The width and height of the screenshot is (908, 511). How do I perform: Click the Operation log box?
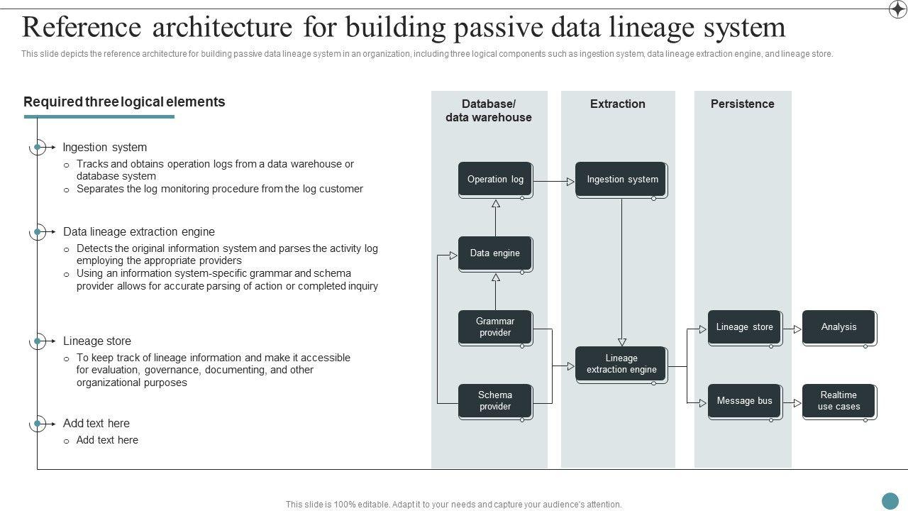coord(495,180)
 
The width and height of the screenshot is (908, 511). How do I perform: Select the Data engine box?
coord(495,253)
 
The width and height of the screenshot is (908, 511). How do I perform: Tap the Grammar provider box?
coord(495,327)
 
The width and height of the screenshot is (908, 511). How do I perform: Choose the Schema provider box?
coord(495,401)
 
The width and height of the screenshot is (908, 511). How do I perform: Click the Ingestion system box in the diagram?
coord(621,180)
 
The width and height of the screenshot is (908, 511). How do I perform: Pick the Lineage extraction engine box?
coord(621,364)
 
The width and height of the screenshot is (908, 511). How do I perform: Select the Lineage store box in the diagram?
coord(744,327)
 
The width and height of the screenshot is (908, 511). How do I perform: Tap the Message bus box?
coord(744,401)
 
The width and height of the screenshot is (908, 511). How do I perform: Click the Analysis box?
coord(838,327)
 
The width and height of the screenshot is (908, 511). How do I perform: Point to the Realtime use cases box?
coord(838,401)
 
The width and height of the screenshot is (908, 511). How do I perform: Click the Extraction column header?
coord(617,104)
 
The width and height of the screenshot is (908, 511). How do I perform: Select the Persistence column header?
coord(742,104)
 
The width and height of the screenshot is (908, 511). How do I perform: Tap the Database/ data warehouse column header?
coord(489,111)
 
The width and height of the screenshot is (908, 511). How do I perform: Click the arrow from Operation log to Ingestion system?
coord(554,182)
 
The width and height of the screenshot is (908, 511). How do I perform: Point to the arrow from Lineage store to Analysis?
coord(792,329)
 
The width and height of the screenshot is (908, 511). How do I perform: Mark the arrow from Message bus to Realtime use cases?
coord(792,403)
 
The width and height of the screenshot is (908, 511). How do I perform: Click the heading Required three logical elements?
coord(124,102)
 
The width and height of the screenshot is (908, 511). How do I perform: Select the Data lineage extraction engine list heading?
coord(139,232)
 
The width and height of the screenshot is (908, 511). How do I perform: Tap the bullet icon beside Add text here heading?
coord(38,424)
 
